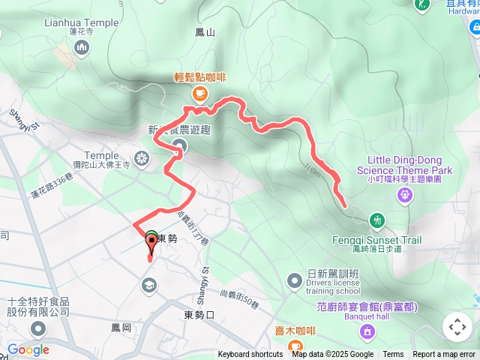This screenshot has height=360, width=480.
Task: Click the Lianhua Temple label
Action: (x=82, y=22)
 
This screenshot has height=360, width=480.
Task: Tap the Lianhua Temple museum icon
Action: (x=82, y=48)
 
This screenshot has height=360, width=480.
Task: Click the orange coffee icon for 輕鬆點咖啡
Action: (x=199, y=92)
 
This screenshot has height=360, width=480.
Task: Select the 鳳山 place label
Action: (x=205, y=32)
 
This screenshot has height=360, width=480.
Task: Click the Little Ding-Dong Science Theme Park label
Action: (x=410, y=165)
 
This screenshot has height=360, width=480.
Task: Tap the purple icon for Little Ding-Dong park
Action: (x=405, y=196)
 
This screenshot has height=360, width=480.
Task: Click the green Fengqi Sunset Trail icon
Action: (x=377, y=220)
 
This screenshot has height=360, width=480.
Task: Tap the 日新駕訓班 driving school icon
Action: (x=294, y=280)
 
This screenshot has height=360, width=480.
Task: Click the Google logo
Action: (x=28, y=349)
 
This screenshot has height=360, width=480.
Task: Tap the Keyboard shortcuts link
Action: (x=251, y=355)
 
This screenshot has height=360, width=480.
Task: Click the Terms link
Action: (x=393, y=355)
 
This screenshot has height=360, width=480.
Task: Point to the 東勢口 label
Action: (x=200, y=315)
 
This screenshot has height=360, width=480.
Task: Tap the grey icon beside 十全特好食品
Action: (x=37, y=328)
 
